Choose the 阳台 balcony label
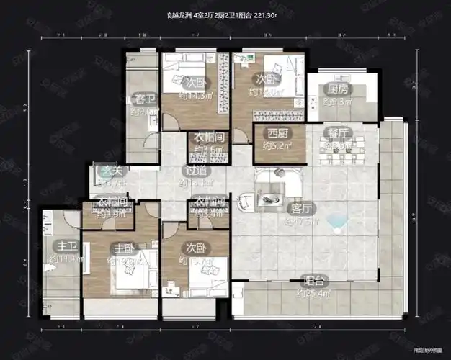312,282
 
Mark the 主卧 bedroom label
123,248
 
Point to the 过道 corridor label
195,171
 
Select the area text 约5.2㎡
277,145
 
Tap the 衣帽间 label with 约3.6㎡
207,137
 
